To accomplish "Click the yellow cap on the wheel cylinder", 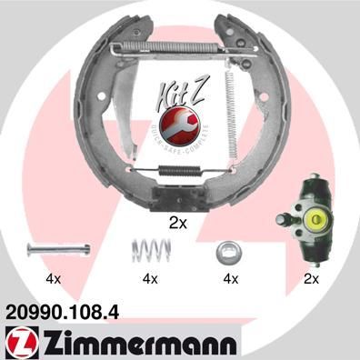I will pyautogui.click(x=318, y=217).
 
